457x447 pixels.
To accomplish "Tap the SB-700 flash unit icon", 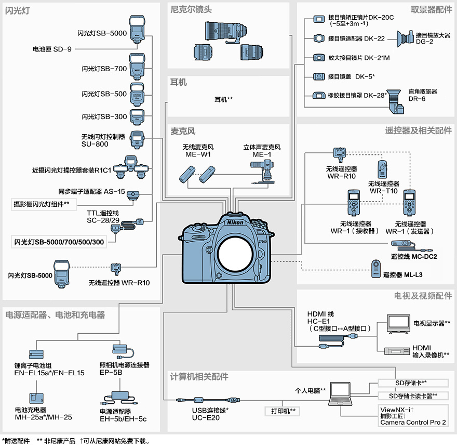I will click(x=136, y=65).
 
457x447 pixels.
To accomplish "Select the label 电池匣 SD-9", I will click(x=52, y=49).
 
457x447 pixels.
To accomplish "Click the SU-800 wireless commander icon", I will click(x=137, y=139).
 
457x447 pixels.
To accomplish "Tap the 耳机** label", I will click(x=223, y=99).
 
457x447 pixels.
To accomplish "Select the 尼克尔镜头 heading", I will click(x=191, y=9).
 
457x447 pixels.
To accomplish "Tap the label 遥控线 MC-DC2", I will click(x=413, y=256).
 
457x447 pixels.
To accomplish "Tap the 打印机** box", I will click(x=283, y=411).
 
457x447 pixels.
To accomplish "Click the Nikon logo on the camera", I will click(x=235, y=222).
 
